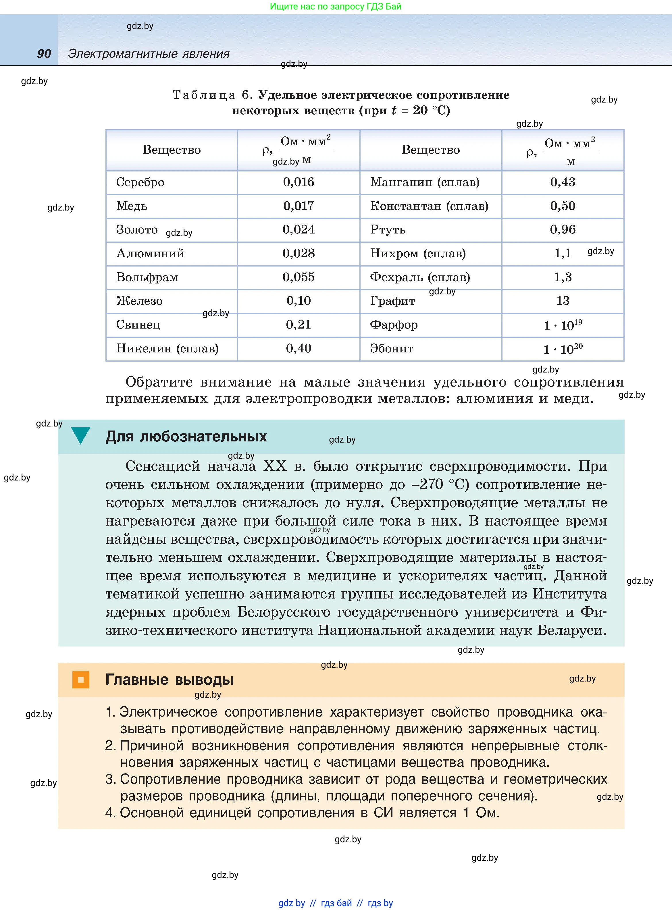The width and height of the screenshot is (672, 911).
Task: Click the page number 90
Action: [x=44, y=54]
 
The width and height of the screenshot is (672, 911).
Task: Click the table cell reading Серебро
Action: [x=140, y=182]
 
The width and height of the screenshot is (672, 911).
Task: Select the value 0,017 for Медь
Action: [x=298, y=206]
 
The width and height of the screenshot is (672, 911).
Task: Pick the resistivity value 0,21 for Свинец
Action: [x=298, y=325]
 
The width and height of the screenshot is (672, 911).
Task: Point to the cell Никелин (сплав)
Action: [x=167, y=348]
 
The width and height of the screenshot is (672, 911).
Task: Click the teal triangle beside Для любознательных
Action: [x=80, y=435]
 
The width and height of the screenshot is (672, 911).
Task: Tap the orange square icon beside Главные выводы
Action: [x=80, y=680]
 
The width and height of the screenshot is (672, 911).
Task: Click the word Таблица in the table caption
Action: [x=204, y=95]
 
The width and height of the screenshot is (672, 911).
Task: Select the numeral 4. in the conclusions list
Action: [x=110, y=812]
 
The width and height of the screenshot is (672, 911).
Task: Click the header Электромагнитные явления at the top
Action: [x=149, y=54]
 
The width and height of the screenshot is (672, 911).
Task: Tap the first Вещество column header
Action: [x=171, y=150]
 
